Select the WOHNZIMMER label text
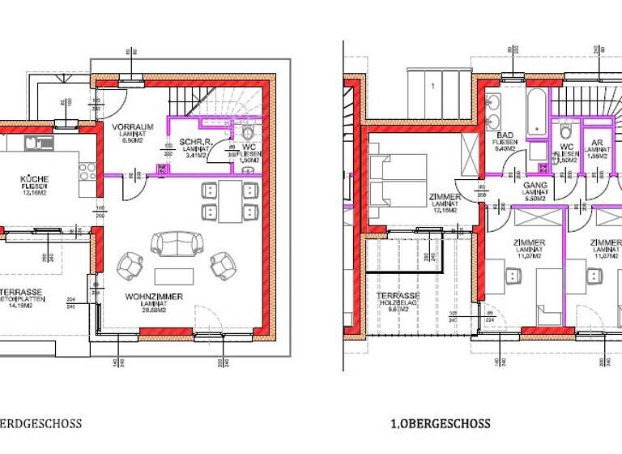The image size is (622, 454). (x=154, y=297)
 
